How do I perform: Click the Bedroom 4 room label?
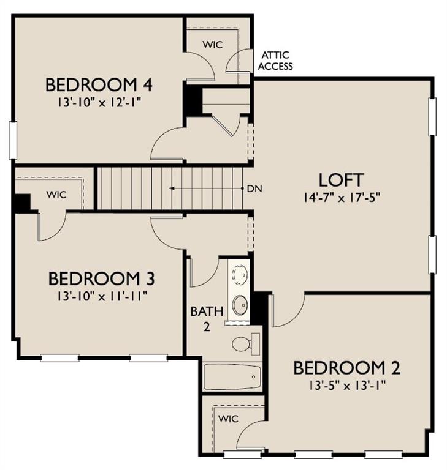99,84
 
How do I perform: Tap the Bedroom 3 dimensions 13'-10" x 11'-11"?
102,297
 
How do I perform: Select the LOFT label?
341,180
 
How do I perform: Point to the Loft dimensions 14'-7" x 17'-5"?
342,198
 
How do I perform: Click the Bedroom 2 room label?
347,368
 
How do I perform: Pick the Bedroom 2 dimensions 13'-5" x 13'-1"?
347,386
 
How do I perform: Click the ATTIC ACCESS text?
275,61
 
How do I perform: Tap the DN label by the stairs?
254,189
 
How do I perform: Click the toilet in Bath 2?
246,344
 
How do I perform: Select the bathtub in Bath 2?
232,377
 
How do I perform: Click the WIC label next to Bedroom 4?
213,45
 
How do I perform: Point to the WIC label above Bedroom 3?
56,195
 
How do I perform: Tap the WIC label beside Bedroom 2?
228,419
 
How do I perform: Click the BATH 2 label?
207,319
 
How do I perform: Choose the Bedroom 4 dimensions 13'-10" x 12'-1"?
99,103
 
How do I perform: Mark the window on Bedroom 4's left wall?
13,140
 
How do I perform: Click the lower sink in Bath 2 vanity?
240,305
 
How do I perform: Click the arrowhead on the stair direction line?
172,188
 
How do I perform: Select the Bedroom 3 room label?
102,278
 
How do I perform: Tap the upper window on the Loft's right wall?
432,117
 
